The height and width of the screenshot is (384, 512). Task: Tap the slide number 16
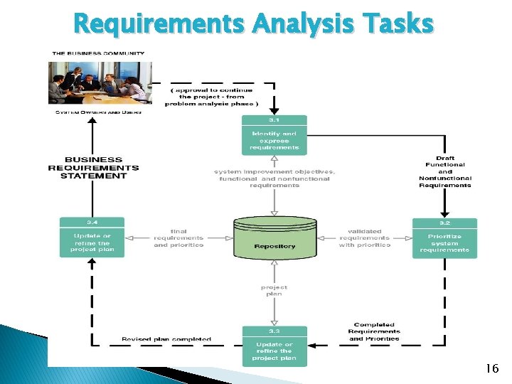tap(491, 368)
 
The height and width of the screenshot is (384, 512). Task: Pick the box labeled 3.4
tap(92, 238)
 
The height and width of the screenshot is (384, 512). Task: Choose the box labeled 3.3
tap(274, 346)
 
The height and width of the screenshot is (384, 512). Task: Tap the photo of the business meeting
tap(100, 83)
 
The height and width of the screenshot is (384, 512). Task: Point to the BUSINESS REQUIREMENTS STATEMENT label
tap(93, 168)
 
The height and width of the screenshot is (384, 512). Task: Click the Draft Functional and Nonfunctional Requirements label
tap(444, 171)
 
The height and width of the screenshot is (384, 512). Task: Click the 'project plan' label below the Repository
tap(274, 290)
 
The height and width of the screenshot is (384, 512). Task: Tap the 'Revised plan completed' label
tap(166, 339)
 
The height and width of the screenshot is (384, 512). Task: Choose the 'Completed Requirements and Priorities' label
tap(374, 331)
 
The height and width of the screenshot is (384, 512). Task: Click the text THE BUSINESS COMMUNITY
tap(99, 53)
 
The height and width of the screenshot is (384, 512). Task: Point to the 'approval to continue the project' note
tap(212, 97)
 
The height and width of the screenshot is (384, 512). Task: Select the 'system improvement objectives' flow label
tap(274, 178)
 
